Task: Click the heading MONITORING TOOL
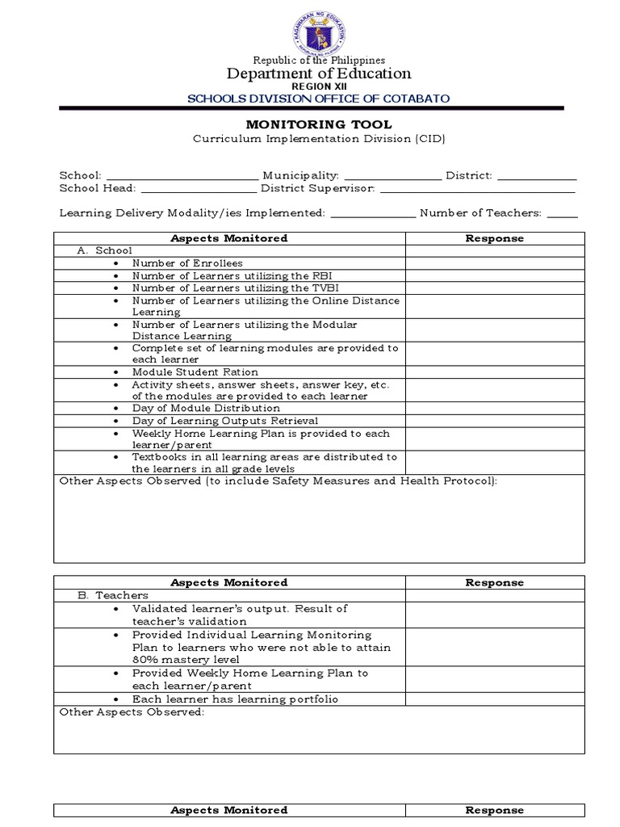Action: [317, 124]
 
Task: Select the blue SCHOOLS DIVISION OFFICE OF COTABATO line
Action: [318, 99]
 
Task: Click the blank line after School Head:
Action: [198, 190]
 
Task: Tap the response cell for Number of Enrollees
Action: [494, 263]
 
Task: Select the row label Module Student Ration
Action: [195, 372]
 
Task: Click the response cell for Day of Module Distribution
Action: [494, 409]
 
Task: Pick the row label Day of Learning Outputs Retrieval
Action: [225, 421]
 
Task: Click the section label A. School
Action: [105, 251]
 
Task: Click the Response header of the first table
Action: [494, 238]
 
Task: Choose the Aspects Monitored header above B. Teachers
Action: [229, 582]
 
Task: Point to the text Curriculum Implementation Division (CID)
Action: [317, 139]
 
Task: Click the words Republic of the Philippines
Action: [319, 61]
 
